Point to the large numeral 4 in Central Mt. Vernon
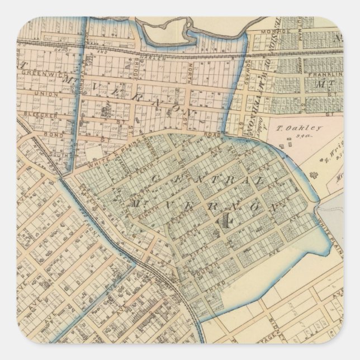point(226,220)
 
